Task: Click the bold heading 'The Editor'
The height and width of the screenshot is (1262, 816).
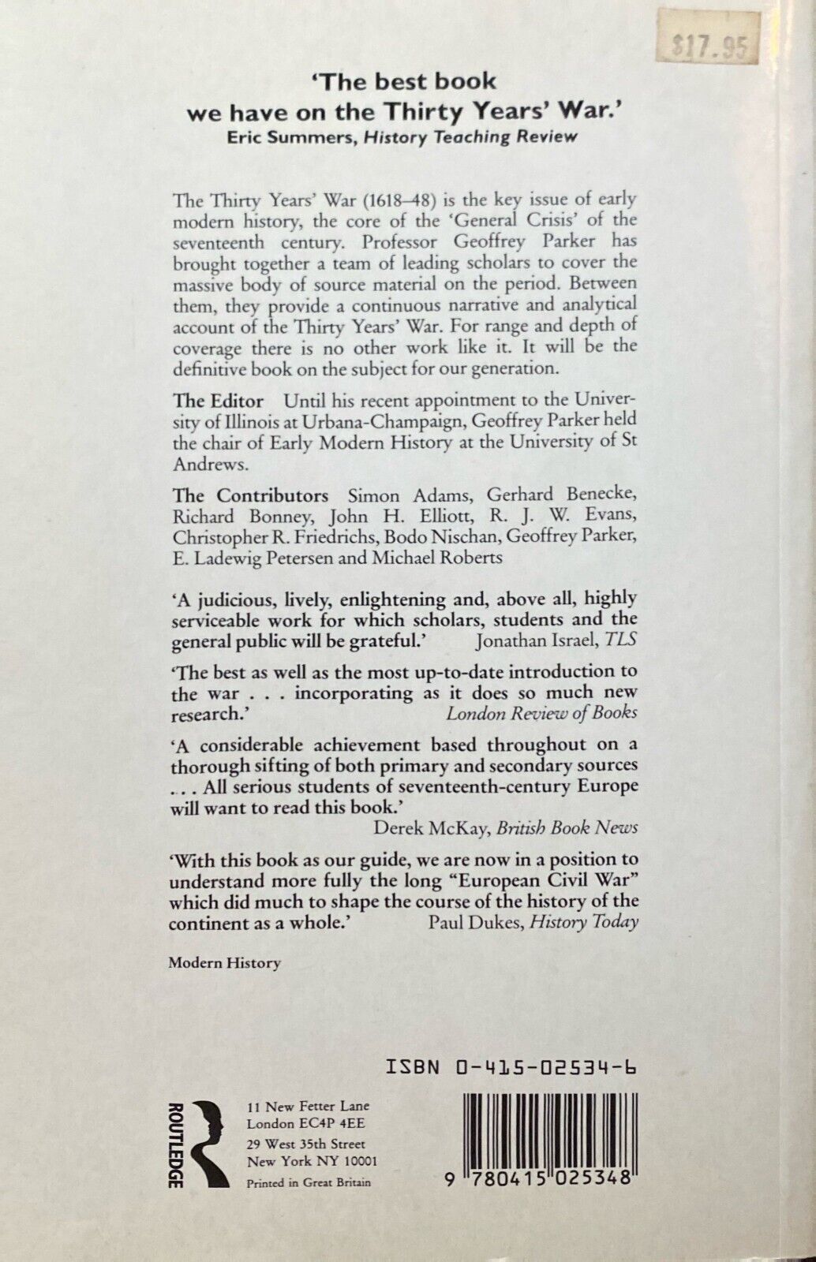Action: pyautogui.click(x=218, y=400)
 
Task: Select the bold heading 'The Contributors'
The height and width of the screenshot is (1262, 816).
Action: pyautogui.click(x=251, y=495)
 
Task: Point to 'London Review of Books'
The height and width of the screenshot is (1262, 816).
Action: pyautogui.click(x=541, y=713)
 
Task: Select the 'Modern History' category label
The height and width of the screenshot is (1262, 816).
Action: pyautogui.click(x=224, y=962)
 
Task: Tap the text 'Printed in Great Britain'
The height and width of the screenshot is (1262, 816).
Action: pyautogui.click(x=309, y=1182)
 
